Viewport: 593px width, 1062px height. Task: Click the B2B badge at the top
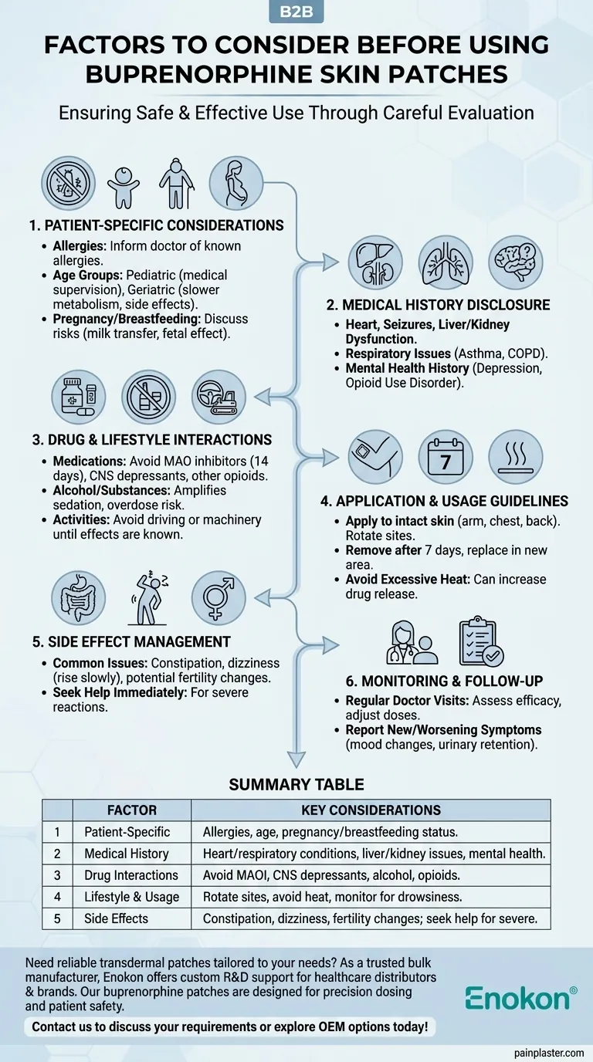[296, 12]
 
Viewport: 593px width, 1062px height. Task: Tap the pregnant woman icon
[236, 184]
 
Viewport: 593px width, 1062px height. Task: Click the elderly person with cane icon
[177, 184]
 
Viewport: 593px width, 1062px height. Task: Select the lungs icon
[446, 262]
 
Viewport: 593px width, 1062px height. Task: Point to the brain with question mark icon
[515, 262]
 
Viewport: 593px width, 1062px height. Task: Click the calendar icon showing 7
[446, 457]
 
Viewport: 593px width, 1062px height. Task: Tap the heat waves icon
[515, 457]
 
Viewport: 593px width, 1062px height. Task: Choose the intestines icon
[78, 598]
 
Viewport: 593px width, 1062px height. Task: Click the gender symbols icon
[219, 598]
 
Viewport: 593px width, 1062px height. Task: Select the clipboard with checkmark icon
[480, 641]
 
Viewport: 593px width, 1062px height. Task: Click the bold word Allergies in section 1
[78, 246]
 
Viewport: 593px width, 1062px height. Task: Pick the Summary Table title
[296, 785]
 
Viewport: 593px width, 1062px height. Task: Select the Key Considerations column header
[371, 810]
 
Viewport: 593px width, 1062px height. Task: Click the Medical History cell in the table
[126, 854]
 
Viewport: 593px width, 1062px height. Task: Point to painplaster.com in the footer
[547, 1052]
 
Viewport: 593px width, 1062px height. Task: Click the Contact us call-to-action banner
[230, 1027]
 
